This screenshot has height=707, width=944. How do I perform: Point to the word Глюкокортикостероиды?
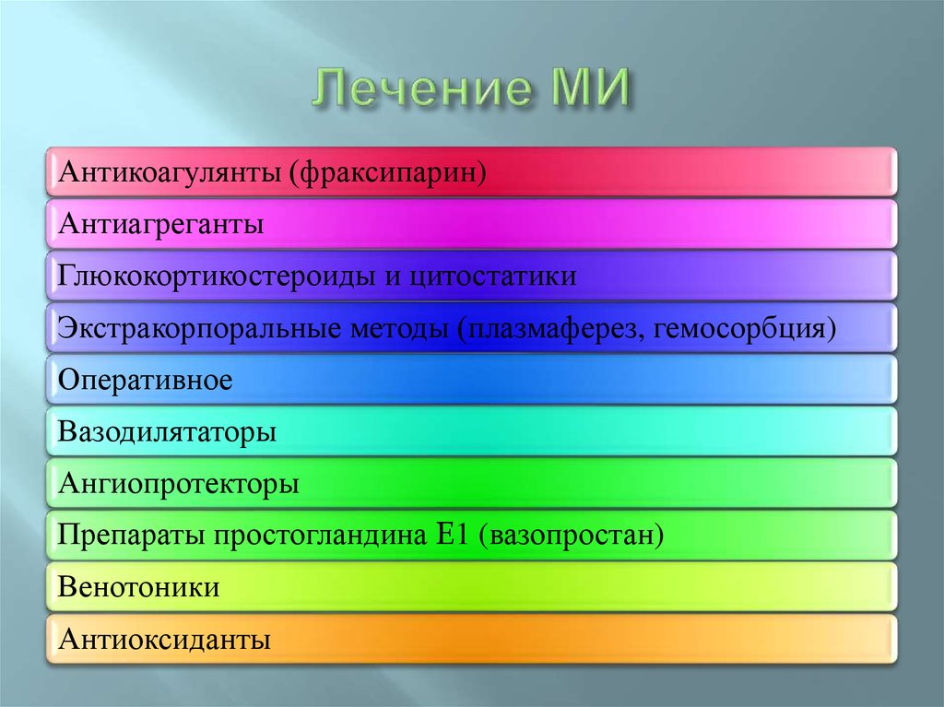(216, 276)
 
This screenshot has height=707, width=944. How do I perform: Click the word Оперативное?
(146, 380)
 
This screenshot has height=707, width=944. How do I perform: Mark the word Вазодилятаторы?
(167, 432)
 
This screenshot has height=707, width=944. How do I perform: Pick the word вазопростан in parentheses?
(572, 536)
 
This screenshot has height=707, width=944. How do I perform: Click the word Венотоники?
(139, 587)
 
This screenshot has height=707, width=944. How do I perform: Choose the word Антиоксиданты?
(164, 639)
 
